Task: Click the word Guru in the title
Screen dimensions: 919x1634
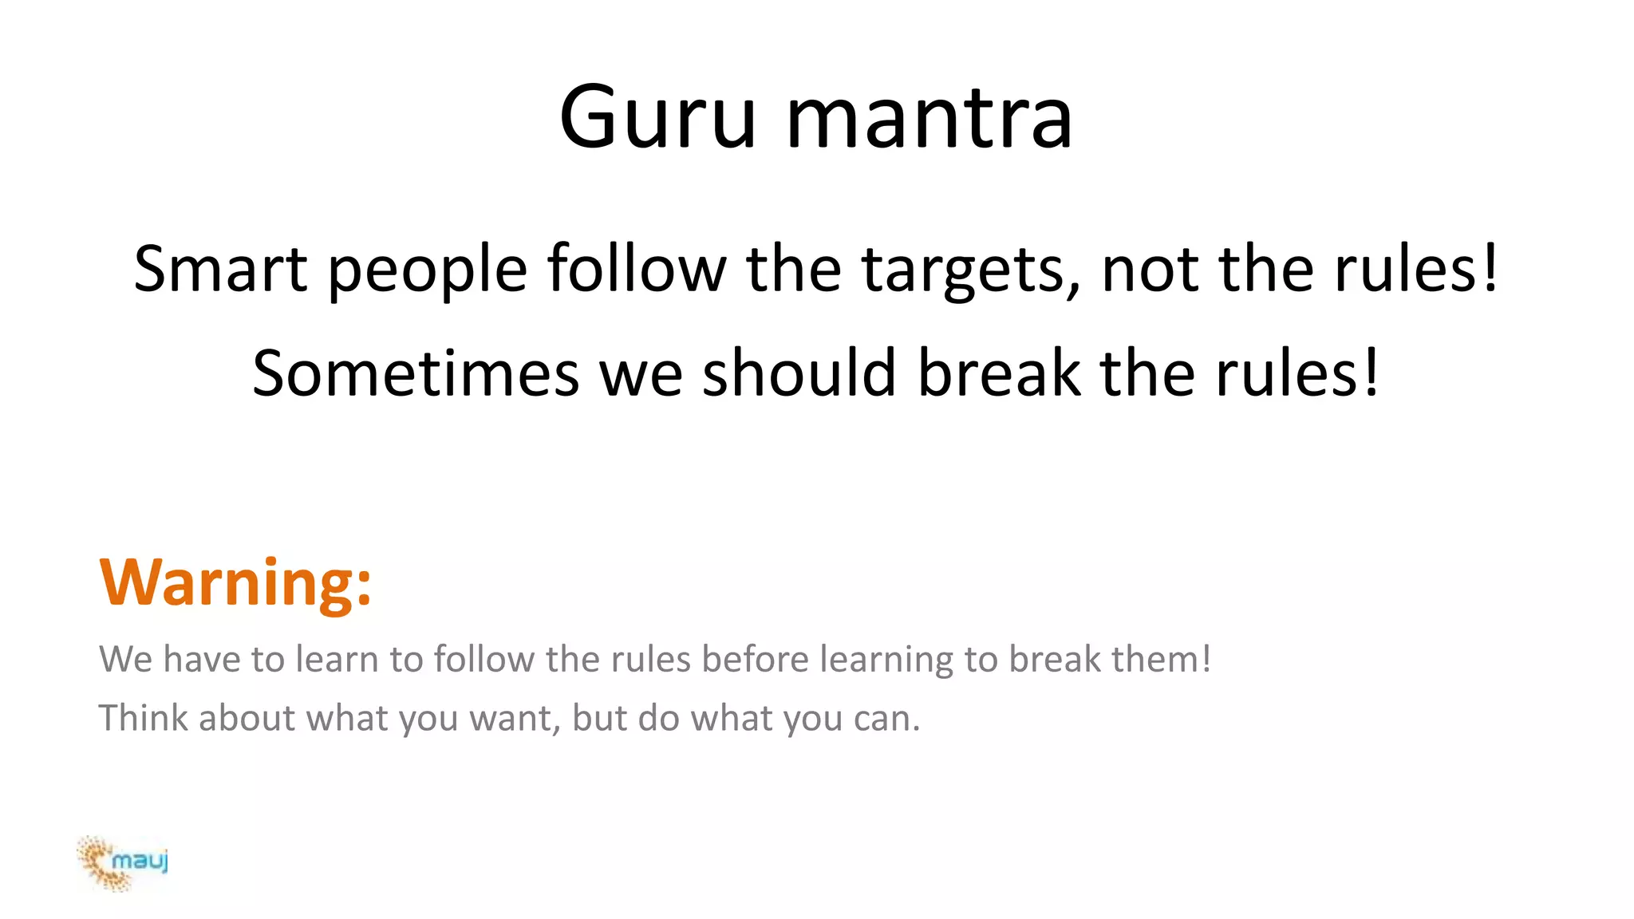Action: [x=657, y=117]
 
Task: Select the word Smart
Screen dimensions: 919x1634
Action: [x=220, y=269]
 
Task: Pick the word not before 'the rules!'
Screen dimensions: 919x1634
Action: [x=1149, y=270]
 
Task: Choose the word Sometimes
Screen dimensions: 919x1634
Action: [x=416, y=373]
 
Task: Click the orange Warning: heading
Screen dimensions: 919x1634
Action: [x=235, y=582]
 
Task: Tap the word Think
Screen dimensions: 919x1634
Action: [x=144, y=718]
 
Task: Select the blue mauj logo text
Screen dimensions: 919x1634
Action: [x=140, y=861]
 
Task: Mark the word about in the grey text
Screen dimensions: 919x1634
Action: [x=247, y=718]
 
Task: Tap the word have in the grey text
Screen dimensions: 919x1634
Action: [x=202, y=660]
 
